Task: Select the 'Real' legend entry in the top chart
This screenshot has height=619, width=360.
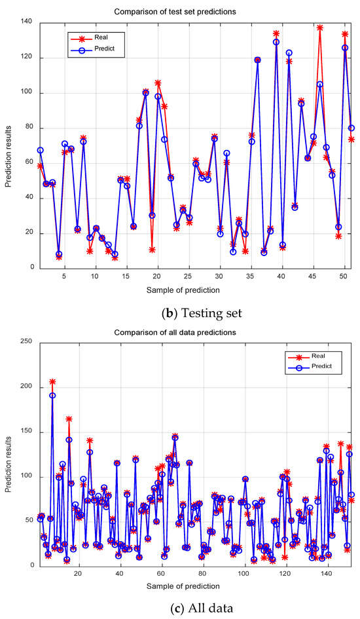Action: (101, 37)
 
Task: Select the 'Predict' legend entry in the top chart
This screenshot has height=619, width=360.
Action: (104, 48)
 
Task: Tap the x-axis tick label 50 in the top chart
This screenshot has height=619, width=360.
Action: (343, 276)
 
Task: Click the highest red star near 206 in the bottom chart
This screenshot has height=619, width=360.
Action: (52, 382)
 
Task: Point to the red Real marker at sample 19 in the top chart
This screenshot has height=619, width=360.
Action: (152, 250)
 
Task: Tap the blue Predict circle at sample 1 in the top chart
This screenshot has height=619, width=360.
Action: (40, 150)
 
